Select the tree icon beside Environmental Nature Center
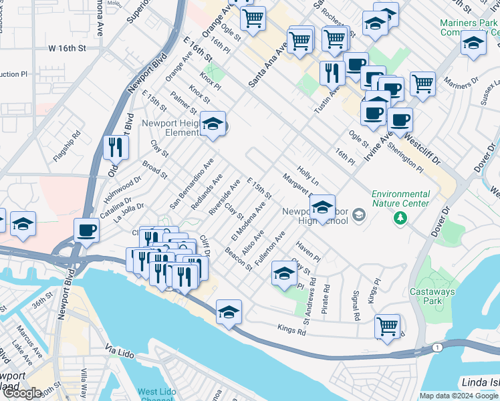click(x=400, y=217)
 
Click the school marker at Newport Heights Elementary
click(x=213, y=124)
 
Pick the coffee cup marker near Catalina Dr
click(x=86, y=231)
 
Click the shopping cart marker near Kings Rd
click(x=387, y=326)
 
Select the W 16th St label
click(x=68, y=49)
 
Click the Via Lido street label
click(x=121, y=350)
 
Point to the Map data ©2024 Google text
click(x=459, y=396)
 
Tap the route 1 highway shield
click(x=437, y=348)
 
